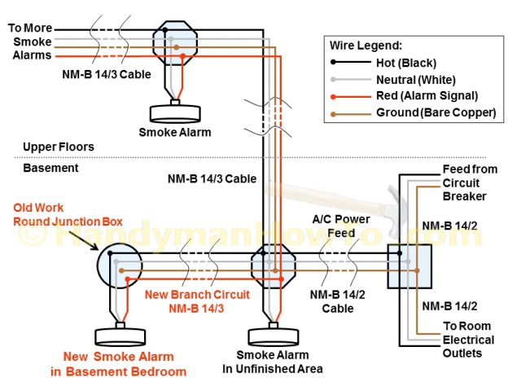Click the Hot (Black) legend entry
click(x=407, y=63)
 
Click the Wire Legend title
click(x=366, y=45)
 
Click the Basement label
click(x=49, y=168)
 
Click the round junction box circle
click(x=119, y=266)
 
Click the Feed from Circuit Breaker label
click(x=464, y=182)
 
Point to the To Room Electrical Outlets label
click(x=467, y=339)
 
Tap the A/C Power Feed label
click(x=341, y=226)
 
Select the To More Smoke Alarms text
click(x=30, y=42)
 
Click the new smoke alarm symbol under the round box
click(x=120, y=336)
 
